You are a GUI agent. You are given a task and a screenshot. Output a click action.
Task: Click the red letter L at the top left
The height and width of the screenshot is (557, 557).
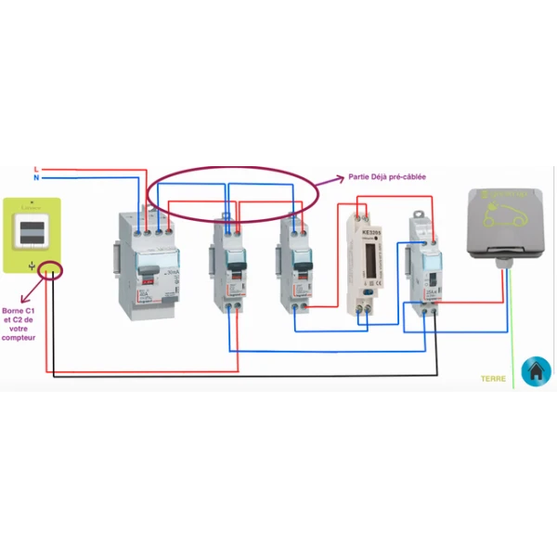35,169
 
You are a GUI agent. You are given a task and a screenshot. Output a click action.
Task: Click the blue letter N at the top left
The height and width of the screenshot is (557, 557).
35,177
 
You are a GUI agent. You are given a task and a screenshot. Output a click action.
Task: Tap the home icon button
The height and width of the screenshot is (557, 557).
536,371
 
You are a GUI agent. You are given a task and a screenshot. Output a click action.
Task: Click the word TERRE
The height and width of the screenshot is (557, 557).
493,379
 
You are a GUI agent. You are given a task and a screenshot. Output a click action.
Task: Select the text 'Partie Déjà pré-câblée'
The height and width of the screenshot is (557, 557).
387,175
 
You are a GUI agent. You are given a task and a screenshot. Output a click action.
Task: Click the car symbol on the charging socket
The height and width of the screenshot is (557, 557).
506,215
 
